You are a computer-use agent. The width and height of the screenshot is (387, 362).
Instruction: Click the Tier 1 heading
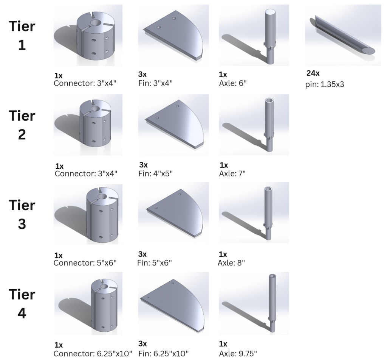click(x=22, y=36)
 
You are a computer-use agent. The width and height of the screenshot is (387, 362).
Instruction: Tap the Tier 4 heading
click(x=22, y=304)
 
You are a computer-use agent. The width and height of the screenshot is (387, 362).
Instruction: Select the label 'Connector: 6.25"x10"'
click(x=93, y=354)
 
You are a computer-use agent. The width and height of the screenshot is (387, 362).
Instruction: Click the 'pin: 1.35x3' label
click(x=325, y=84)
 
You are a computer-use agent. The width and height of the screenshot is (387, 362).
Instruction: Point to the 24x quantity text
click(x=313, y=73)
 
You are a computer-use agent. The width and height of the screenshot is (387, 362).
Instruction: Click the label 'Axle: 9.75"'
click(x=238, y=354)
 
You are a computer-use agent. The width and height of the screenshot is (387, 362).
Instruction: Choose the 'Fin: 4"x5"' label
click(x=155, y=173)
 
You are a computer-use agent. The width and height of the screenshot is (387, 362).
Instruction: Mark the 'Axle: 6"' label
click(x=233, y=83)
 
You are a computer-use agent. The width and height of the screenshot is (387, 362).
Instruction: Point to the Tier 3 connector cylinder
click(x=102, y=215)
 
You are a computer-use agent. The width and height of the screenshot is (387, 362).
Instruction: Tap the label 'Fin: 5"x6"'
click(x=155, y=262)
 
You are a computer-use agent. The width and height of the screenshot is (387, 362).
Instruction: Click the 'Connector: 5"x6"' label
click(x=85, y=262)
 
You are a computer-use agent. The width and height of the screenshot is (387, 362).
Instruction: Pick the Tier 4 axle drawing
click(x=272, y=303)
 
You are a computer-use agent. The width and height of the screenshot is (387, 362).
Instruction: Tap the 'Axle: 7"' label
click(x=232, y=173)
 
